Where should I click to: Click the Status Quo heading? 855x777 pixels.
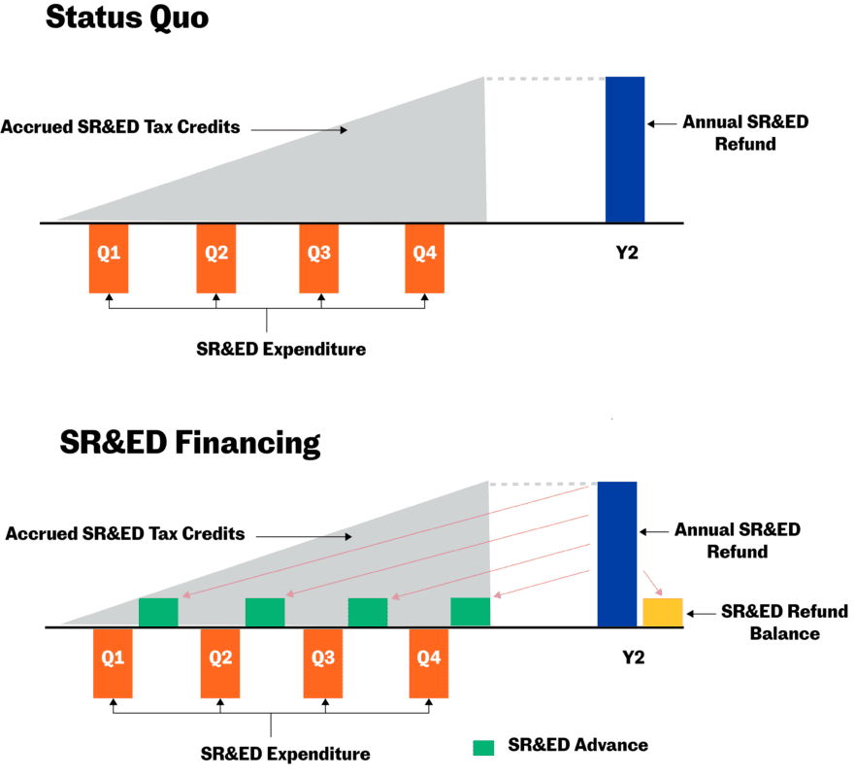(x=127, y=17)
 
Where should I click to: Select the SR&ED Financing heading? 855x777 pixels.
(x=189, y=443)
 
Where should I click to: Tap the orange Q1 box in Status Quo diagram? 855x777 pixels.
(x=109, y=257)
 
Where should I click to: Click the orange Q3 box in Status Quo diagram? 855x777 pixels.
(x=318, y=257)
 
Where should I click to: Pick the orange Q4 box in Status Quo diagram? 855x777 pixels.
(x=425, y=257)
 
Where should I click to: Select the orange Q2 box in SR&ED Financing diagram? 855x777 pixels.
(x=220, y=662)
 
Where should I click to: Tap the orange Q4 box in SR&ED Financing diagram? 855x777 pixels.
(x=429, y=662)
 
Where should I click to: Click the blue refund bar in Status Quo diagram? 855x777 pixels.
(x=625, y=150)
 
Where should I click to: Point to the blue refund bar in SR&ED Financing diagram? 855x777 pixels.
(x=617, y=554)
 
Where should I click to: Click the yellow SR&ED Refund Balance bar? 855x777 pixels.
(x=663, y=612)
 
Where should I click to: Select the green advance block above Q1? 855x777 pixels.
(x=158, y=612)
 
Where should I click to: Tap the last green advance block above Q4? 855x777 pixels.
(x=471, y=612)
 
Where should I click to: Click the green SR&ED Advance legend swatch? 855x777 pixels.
(x=483, y=747)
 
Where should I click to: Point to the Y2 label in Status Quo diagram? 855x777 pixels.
(x=625, y=253)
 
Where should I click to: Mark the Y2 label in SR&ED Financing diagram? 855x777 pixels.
(x=633, y=658)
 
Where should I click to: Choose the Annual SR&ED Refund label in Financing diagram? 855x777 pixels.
(x=738, y=540)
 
